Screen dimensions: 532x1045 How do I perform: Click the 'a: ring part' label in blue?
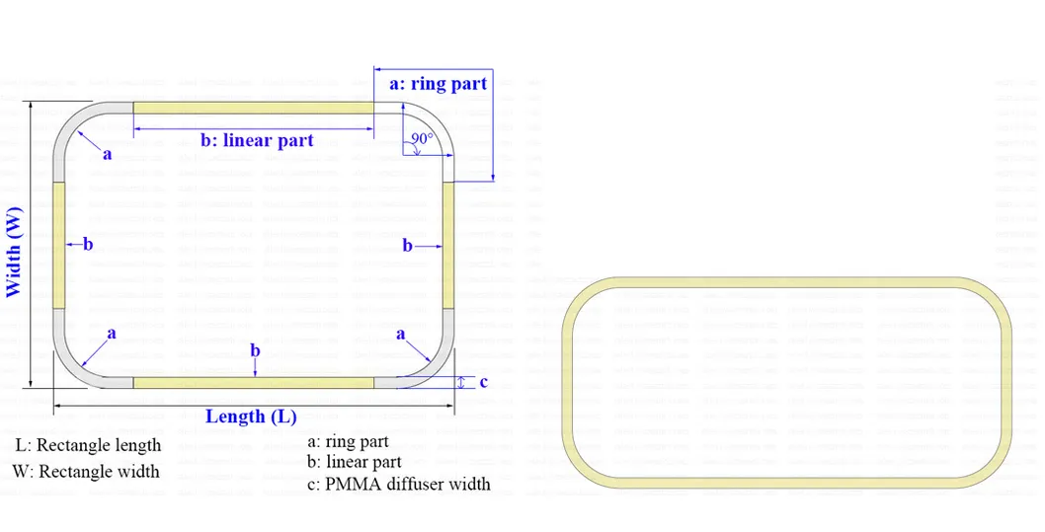coord(439,84)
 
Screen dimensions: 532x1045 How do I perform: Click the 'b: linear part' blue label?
coord(257,141)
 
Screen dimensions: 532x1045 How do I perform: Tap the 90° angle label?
coord(422,139)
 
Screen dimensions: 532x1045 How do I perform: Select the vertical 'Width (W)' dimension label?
coord(14,251)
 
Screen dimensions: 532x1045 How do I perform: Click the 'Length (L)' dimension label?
coord(251,417)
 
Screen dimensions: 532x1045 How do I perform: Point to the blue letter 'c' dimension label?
coord(483,382)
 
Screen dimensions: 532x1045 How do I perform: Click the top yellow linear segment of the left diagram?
coord(253,108)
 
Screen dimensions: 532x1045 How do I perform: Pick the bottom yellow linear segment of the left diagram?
coord(253,382)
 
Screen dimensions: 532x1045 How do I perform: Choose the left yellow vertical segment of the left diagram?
coord(58,245)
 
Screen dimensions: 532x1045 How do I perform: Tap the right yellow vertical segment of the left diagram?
coord(449,245)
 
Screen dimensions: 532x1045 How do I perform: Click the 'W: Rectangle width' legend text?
coord(86,471)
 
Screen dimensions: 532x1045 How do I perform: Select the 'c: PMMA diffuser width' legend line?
coord(398,484)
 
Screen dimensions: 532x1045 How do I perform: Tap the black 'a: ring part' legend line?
coord(348,441)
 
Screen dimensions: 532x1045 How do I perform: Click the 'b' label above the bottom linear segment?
coord(255,350)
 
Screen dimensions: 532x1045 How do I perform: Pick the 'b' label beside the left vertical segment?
coord(88,244)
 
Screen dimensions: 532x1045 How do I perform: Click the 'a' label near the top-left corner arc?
coord(108,155)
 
